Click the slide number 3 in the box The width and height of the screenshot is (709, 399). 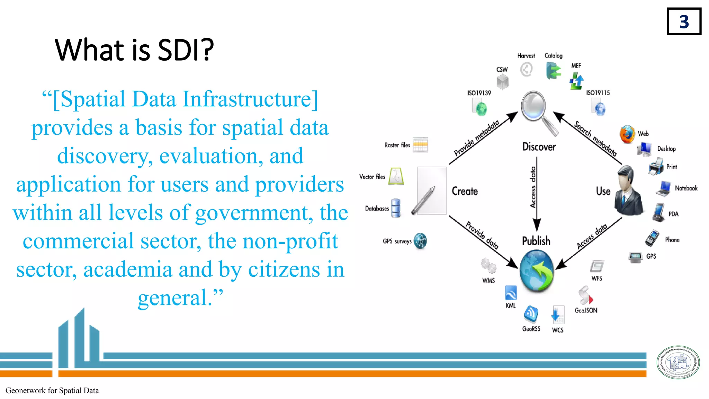684,22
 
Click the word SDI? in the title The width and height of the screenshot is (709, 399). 186,50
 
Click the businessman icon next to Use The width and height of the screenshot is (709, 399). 628,190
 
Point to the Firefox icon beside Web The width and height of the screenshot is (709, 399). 627,134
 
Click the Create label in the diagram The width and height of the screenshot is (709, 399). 465,191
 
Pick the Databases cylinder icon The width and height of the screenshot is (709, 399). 396,208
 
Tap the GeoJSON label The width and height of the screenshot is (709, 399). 586,310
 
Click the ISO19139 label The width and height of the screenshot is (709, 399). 479,93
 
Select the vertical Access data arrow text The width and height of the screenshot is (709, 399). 533,187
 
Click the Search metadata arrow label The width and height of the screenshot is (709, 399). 595,139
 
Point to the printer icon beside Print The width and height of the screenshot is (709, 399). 656,167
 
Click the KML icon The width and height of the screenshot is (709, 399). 511,293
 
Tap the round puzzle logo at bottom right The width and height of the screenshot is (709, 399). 678,362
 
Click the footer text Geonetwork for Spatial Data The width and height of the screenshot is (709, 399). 52,391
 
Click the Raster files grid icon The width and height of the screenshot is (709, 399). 420,145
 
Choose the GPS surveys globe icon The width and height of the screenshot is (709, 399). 420,241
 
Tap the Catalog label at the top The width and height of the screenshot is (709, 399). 553,55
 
